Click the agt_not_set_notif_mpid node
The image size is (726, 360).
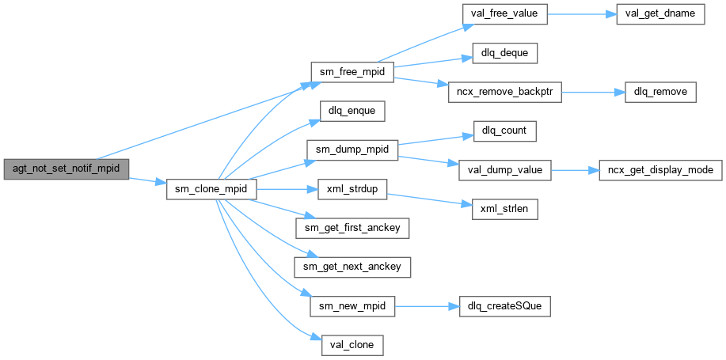click(66, 169)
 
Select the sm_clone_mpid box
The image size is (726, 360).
click(211, 190)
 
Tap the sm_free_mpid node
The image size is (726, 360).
click(352, 72)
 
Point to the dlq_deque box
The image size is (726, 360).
click(505, 53)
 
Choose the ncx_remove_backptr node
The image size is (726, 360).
click(504, 92)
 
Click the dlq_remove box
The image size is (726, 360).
click(661, 92)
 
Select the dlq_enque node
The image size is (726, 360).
click(352, 111)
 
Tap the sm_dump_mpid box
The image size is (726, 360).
click(352, 150)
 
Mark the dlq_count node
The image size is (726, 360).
click(505, 131)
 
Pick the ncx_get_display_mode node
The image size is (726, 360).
click(660, 169)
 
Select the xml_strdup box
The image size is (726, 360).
click(352, 190)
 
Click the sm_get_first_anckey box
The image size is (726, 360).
click(352, 229)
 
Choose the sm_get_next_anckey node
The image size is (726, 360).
click(352, 267)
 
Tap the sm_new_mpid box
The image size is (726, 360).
click(352, 305)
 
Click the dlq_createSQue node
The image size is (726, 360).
click(505, 305)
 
